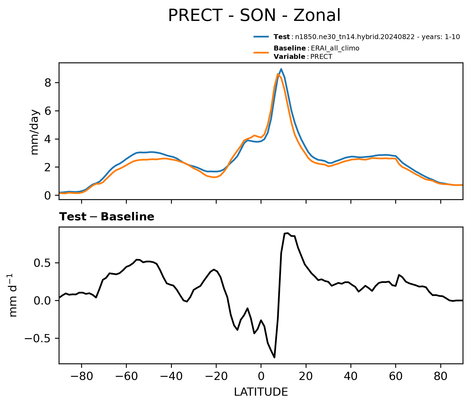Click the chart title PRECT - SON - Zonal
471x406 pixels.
(x=254, y=15)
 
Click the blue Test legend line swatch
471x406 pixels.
(x=261, y=37)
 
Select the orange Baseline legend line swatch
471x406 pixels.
(x=261, y=52)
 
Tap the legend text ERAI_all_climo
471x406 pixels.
(x=335, y=48)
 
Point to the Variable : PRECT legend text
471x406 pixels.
(x=303, y=57)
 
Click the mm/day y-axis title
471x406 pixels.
(x=35, y=132)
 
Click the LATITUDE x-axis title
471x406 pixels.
(x=261, y=392)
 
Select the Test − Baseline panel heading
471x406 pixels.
(x=107, y=217)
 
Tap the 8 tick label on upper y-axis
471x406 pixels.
(x=48, y=83)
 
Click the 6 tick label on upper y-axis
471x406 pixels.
(x=48, y=111)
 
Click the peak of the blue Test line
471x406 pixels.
(x=281, y=69)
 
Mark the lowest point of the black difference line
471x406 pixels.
(x=274, y=357)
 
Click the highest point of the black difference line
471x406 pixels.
(x=288, y=233)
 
